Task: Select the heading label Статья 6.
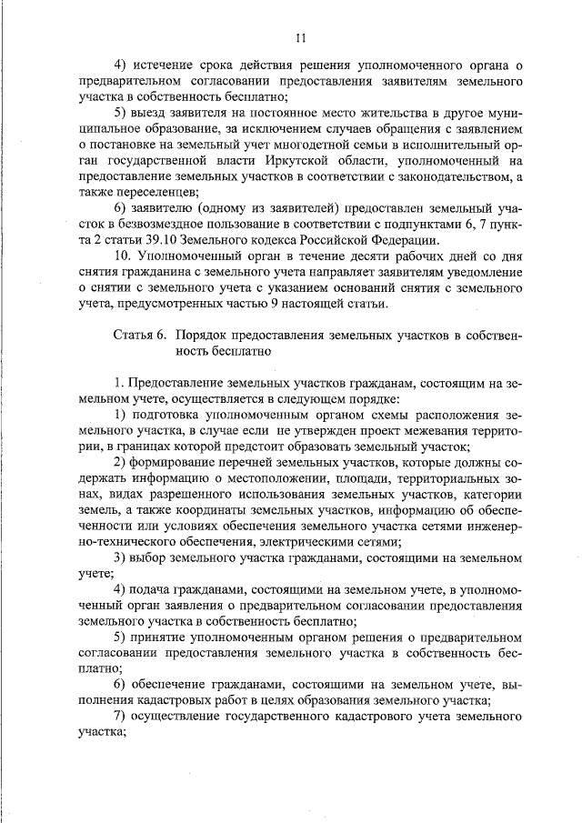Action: tap(139, 336)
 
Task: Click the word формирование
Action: tap(174, 462)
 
